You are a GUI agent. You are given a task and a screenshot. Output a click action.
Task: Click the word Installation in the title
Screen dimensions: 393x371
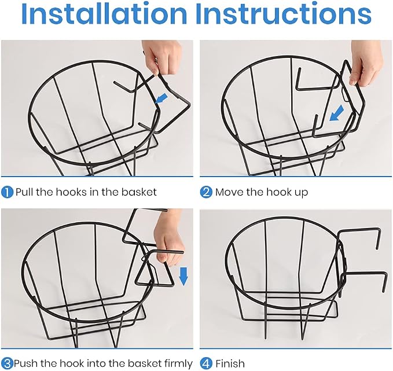pos(104,14)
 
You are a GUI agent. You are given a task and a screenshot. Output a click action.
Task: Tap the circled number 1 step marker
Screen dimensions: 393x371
pos(7,192)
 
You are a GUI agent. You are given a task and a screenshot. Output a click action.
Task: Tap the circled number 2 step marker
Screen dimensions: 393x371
pos(206,192)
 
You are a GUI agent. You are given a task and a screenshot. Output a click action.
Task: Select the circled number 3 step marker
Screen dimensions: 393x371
pos(7,363)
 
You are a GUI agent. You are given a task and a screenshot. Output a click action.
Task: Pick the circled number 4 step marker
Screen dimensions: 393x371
pos(206,363)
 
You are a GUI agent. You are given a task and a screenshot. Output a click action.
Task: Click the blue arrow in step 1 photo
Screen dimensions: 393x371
pos(161,98)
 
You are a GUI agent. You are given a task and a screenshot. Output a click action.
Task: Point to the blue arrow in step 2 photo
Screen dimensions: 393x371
pos(337,113)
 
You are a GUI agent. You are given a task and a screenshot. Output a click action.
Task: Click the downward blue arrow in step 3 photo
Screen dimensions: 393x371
pos(183,276)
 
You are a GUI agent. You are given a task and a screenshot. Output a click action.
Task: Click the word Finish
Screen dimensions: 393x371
pos(230,363)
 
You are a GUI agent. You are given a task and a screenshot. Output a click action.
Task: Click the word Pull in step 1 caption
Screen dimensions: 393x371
pos(24,192)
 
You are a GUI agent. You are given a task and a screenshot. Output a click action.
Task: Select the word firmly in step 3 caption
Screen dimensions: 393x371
pos(178,363)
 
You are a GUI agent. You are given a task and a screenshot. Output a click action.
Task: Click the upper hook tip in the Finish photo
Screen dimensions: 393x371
pos(378,249)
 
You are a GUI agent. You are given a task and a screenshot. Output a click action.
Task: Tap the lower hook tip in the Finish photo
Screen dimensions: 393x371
pos(383,291)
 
